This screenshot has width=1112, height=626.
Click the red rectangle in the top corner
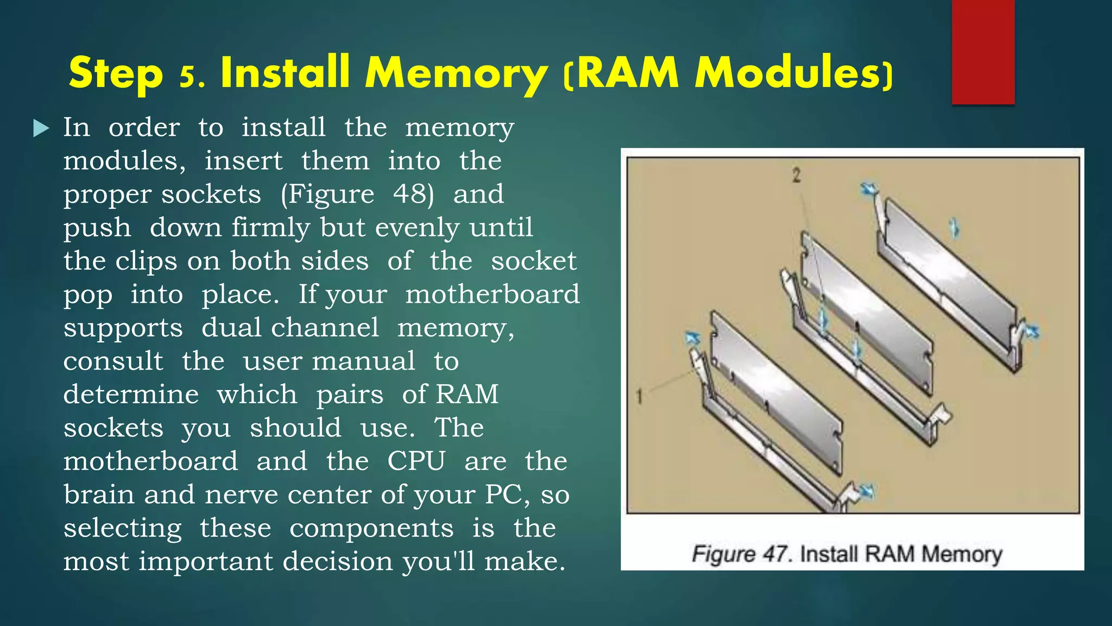(983, 52)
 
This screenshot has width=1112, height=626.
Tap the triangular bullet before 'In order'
(41, 128)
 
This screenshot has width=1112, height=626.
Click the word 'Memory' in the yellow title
(456, 73)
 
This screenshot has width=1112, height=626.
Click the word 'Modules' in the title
(789, 73)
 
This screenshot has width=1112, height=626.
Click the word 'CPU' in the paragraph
(416, 461)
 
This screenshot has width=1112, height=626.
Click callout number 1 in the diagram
(640, 396)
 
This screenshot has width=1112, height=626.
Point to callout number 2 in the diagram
(796, 176)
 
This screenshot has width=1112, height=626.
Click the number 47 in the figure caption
(775, 554)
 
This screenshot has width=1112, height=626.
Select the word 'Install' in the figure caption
(830, 554)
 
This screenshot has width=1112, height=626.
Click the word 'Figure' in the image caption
(723, 554)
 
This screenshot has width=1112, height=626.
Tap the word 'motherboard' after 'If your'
(492, 295)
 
